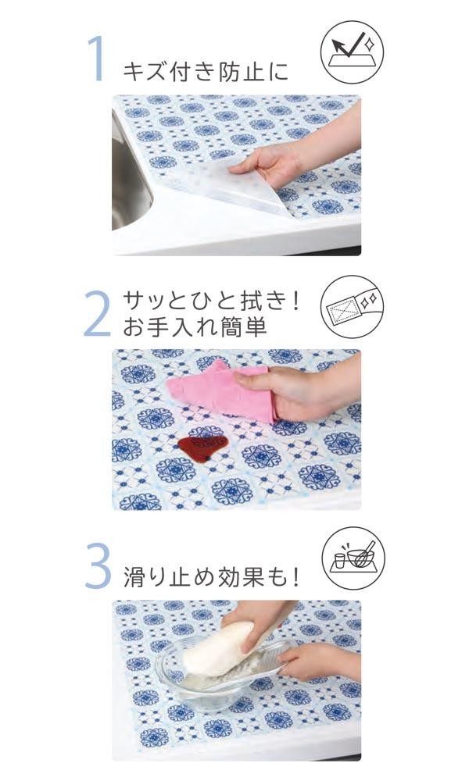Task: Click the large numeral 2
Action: click(x=97, y=313)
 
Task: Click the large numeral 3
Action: click(x=98, y=565)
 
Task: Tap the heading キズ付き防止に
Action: click(x=206, y=71)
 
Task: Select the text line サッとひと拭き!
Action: click(x=211, y=301)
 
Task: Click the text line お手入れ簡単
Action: click(x=195, y=326)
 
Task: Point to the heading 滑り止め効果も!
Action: click(x=211, y=576)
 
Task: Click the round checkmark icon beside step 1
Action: click(x=352, y=52)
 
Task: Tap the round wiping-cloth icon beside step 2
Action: click(x=353, y=307)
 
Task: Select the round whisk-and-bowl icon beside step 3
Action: click(x=353, y=558)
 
